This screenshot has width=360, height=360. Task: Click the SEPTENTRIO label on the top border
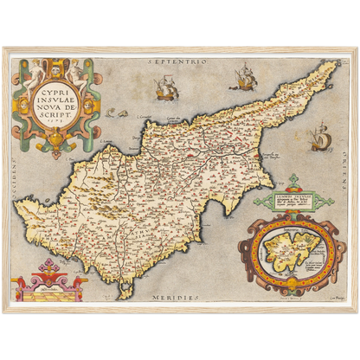(x=178, y=63)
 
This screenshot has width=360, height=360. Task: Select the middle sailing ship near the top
(x=241, y=80)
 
